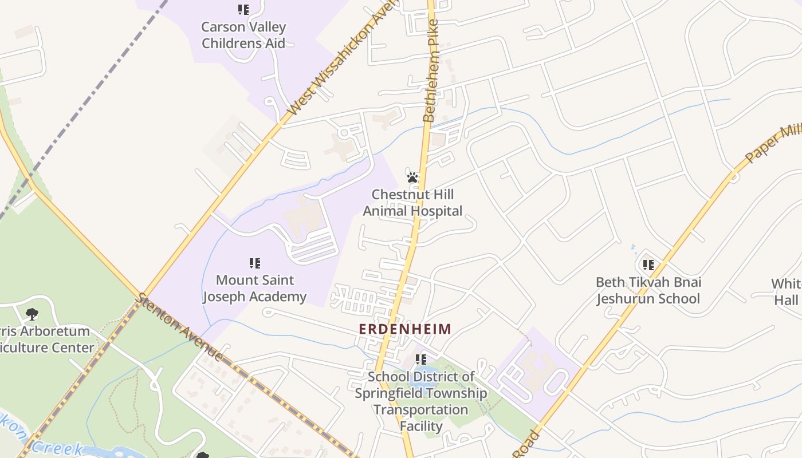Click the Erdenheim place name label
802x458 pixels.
click(x=405, y=329)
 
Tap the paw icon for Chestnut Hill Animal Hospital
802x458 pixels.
click(x=412, y=177)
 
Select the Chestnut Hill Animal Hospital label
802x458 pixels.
click(x=412, y=203)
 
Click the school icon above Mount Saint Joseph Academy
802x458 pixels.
click(x=255, y=263)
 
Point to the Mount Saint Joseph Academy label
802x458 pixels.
click(x=255, y=288)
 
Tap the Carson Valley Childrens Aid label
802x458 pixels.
click(x=243, y=35)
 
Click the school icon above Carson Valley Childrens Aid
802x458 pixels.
click(x=243, y=10)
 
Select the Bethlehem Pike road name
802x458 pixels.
click(x=430, y=71)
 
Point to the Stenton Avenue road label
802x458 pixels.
click(x=180, y=327)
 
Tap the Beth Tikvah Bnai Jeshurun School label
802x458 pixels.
click(x=648, y=290)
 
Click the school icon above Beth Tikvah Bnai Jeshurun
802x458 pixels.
click(x=648, y=264)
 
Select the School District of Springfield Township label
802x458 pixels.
click(x=420, y=401)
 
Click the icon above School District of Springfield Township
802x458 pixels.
click(x=421, y=360)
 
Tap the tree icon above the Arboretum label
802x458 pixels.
click(x=32, y=314)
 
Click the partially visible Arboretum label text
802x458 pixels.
click(x=46, y=339)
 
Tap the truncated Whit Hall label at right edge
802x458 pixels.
click(x=786, y=292)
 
